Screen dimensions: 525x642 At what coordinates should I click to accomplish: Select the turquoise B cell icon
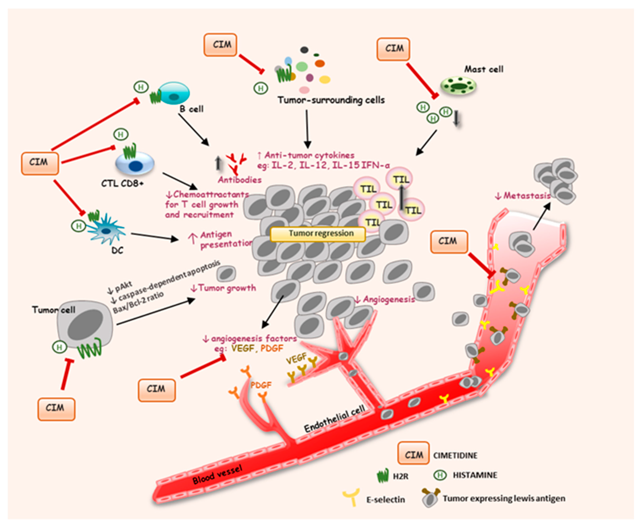click(x=174, y=93)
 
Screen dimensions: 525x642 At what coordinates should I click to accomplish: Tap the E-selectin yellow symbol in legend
click(x=351, y=496)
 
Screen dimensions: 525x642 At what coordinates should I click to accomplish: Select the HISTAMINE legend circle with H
click(x=440, y=475)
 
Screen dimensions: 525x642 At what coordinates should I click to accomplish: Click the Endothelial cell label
click(x=334, y=419)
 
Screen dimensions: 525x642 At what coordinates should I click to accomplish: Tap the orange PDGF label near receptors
click(x=261, y=385)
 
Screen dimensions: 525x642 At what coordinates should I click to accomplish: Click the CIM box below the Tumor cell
click(x=56, y=409)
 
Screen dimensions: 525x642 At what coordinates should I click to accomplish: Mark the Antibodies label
click(x=240, y=180)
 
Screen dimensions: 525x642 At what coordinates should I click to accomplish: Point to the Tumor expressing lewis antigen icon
click(x=430, y=497)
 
